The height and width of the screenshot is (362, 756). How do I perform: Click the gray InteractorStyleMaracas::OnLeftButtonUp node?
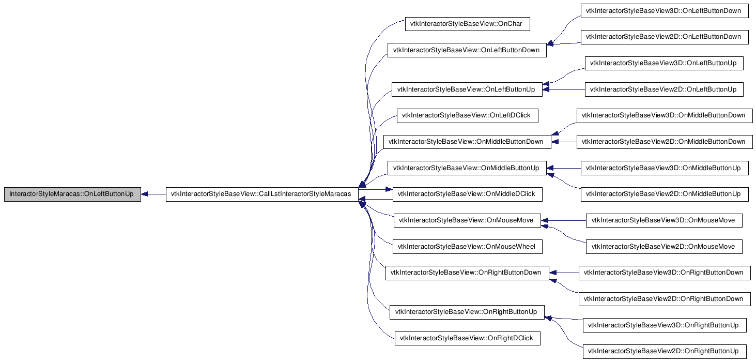[72, 194]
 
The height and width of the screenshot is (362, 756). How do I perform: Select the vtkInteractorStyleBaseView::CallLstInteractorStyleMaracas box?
[262, 194]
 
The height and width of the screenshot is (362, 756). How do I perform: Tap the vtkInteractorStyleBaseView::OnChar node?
[468, 24]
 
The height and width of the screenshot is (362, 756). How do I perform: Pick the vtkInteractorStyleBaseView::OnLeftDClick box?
[468, 115]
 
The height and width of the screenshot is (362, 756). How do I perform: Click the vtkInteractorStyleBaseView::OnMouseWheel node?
[468, 247]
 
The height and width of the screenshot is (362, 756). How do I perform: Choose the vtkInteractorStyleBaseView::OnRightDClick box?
[468, 338]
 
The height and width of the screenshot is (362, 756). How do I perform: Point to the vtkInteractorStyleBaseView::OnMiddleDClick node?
[468, 194]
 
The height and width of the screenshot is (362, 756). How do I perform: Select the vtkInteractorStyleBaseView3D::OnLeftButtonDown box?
[665, 11]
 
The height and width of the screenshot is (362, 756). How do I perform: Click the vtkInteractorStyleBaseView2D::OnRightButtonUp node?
[665, 351]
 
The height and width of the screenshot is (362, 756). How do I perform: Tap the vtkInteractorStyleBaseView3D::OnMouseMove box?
[664, 220]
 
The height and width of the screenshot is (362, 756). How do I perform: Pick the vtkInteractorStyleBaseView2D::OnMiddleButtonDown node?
[665, 142]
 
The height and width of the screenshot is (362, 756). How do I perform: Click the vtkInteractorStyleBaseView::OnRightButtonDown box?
[468, 273]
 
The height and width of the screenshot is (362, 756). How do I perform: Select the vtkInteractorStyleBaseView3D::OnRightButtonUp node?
[665, 325]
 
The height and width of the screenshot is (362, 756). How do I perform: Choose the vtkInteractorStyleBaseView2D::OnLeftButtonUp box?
[664, 89]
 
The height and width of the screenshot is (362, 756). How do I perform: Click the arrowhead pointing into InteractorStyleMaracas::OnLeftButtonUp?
[144, 194]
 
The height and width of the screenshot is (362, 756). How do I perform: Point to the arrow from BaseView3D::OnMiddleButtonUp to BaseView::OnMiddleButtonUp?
[564, 168]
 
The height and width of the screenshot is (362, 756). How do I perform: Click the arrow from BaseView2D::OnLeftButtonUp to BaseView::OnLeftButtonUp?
[564, 89]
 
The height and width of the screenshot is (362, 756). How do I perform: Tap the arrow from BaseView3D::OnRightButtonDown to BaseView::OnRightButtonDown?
[564, 273]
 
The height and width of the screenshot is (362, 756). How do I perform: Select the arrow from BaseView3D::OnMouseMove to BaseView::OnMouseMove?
[563, 220]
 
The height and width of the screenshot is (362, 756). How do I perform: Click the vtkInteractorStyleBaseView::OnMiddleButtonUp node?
[467, 168]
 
